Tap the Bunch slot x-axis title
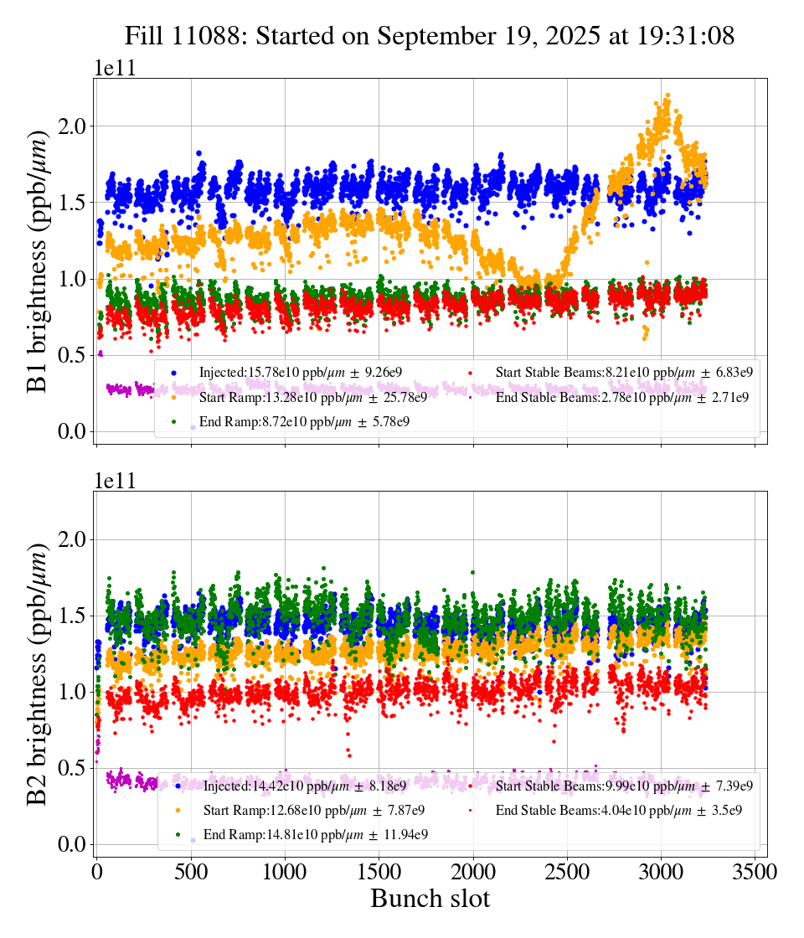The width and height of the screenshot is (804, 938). (x=430, y=899)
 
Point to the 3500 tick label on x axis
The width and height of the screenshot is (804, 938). (x=755, y=871)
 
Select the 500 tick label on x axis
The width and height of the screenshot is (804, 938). (x=191, y=871)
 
